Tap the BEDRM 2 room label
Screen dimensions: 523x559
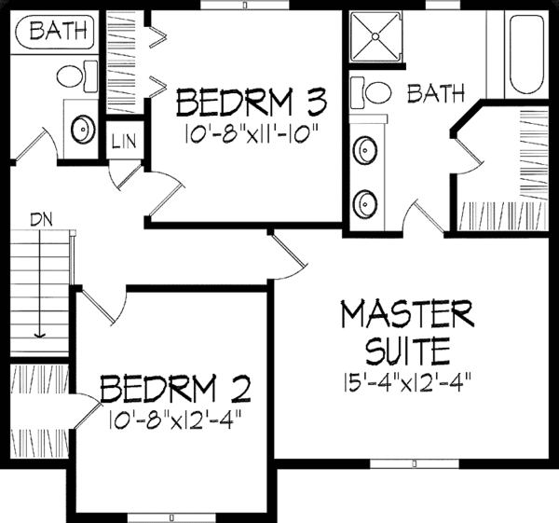[x=174, y=387]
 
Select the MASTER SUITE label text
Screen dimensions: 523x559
[x=395, y=330]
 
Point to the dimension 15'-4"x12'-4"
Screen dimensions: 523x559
[x=395, y=380]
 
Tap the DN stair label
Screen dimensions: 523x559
[x=41, y=221]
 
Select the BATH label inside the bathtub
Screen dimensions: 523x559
[x=55, y=32]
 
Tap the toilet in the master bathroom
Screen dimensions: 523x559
[x=374, y=92]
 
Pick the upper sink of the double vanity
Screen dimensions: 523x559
[x=365, y=148]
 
